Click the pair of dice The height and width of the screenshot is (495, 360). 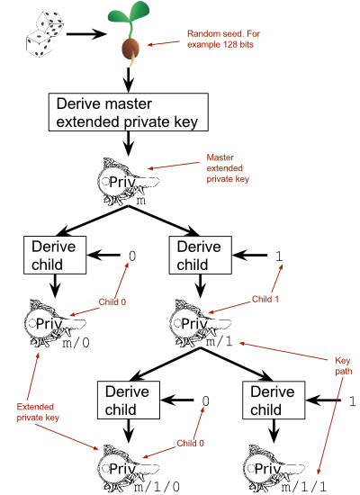coord(45,34)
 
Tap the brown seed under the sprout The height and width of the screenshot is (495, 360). coord(130,49)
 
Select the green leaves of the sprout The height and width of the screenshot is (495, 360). coord(128,13)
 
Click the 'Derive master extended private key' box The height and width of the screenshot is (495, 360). coord(128,112)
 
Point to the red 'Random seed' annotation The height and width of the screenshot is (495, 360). coord(223,39)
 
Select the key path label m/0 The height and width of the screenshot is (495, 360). coord(76,342)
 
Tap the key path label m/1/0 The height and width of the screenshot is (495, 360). coord(157,487)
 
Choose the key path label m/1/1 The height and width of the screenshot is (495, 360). coord(303,487)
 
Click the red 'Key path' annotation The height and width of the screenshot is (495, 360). coord(344,366)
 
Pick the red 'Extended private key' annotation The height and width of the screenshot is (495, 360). coord(38,412)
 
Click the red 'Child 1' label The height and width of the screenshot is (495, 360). coord(265,299)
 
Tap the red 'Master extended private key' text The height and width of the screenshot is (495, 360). coord(228,168)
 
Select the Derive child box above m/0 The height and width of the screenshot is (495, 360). coord(55,255)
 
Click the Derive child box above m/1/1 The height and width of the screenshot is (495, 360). coord(274,400)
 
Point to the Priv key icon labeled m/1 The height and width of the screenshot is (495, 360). coord(200,323)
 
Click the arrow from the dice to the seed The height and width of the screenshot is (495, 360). coord(85,34)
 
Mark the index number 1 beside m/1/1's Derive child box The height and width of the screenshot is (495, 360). coord(353,400)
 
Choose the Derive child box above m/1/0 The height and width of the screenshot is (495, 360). coord(129,400)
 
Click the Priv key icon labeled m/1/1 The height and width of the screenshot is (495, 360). coord(274,469)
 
